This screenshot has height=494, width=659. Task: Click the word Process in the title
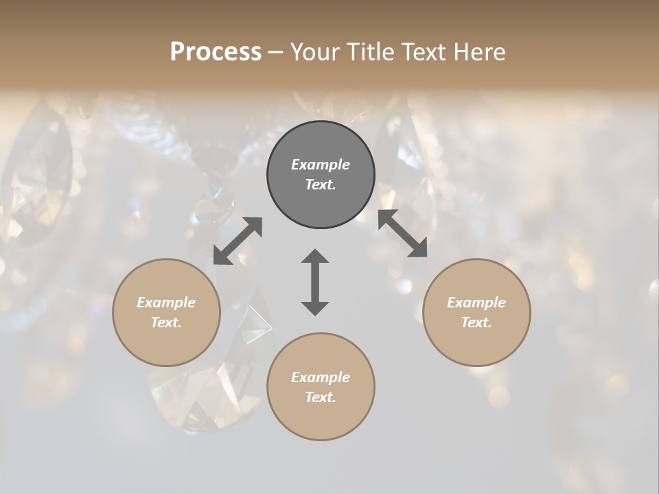(x=216, y=52)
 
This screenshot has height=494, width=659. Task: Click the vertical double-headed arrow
(x=315, y=282)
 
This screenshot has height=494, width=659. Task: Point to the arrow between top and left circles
(x=238, y=240)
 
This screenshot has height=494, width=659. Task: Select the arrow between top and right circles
(x=402, y=233)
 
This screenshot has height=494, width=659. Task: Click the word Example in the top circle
(x=321, y=165)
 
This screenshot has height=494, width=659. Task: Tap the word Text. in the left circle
(x=166, y=322)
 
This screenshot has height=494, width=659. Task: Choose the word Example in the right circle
(x=476, y=303)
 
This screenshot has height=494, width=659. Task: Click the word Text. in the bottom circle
(x=321, y=397)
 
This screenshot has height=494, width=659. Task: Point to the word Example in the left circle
(x=166, y=303)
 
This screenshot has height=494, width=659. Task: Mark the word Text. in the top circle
(x=321, y=185)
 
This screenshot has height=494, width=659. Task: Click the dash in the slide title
(x=275, y=52)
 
